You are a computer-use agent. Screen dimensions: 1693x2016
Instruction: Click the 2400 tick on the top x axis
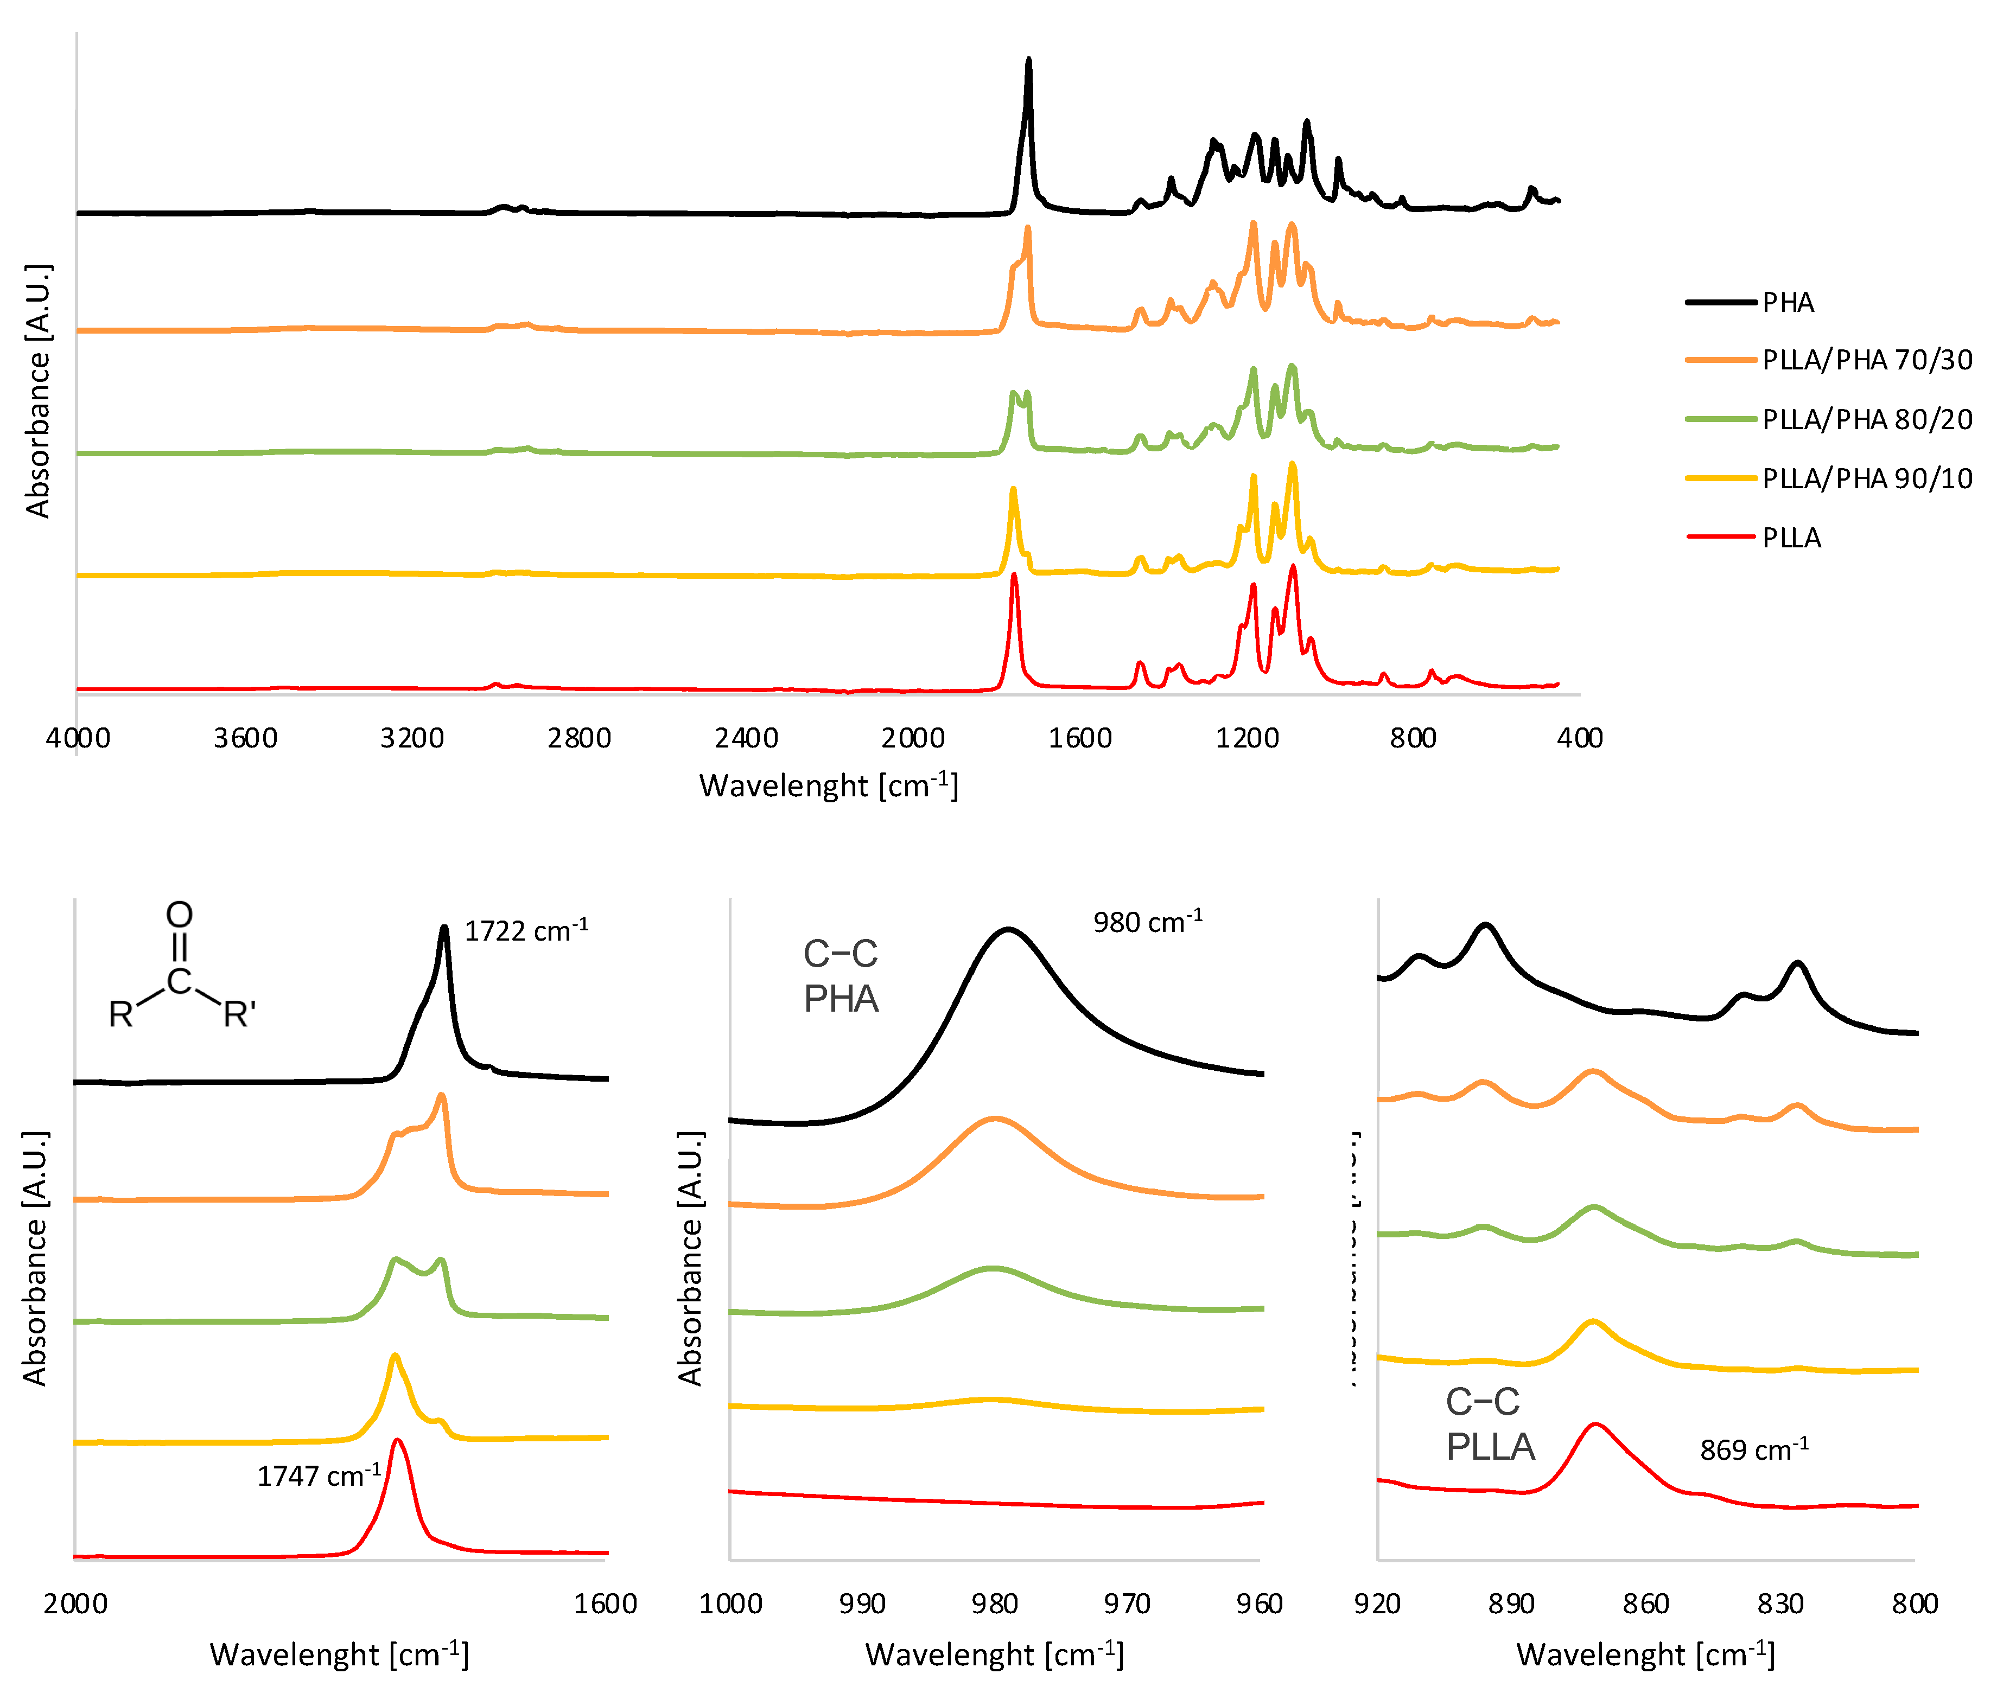click(746, 738)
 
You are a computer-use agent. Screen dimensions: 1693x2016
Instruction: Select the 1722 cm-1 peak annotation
click(526, 931)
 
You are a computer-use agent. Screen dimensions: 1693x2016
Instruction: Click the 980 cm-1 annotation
click(1147, 922)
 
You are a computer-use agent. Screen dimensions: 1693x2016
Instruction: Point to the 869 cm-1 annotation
click(1754, 1449)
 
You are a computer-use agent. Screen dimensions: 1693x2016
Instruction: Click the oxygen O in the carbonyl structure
click(180, 915)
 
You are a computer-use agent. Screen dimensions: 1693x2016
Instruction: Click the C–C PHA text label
click(841, 976)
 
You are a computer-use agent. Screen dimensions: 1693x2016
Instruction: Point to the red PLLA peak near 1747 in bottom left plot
click(397, 1441)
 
